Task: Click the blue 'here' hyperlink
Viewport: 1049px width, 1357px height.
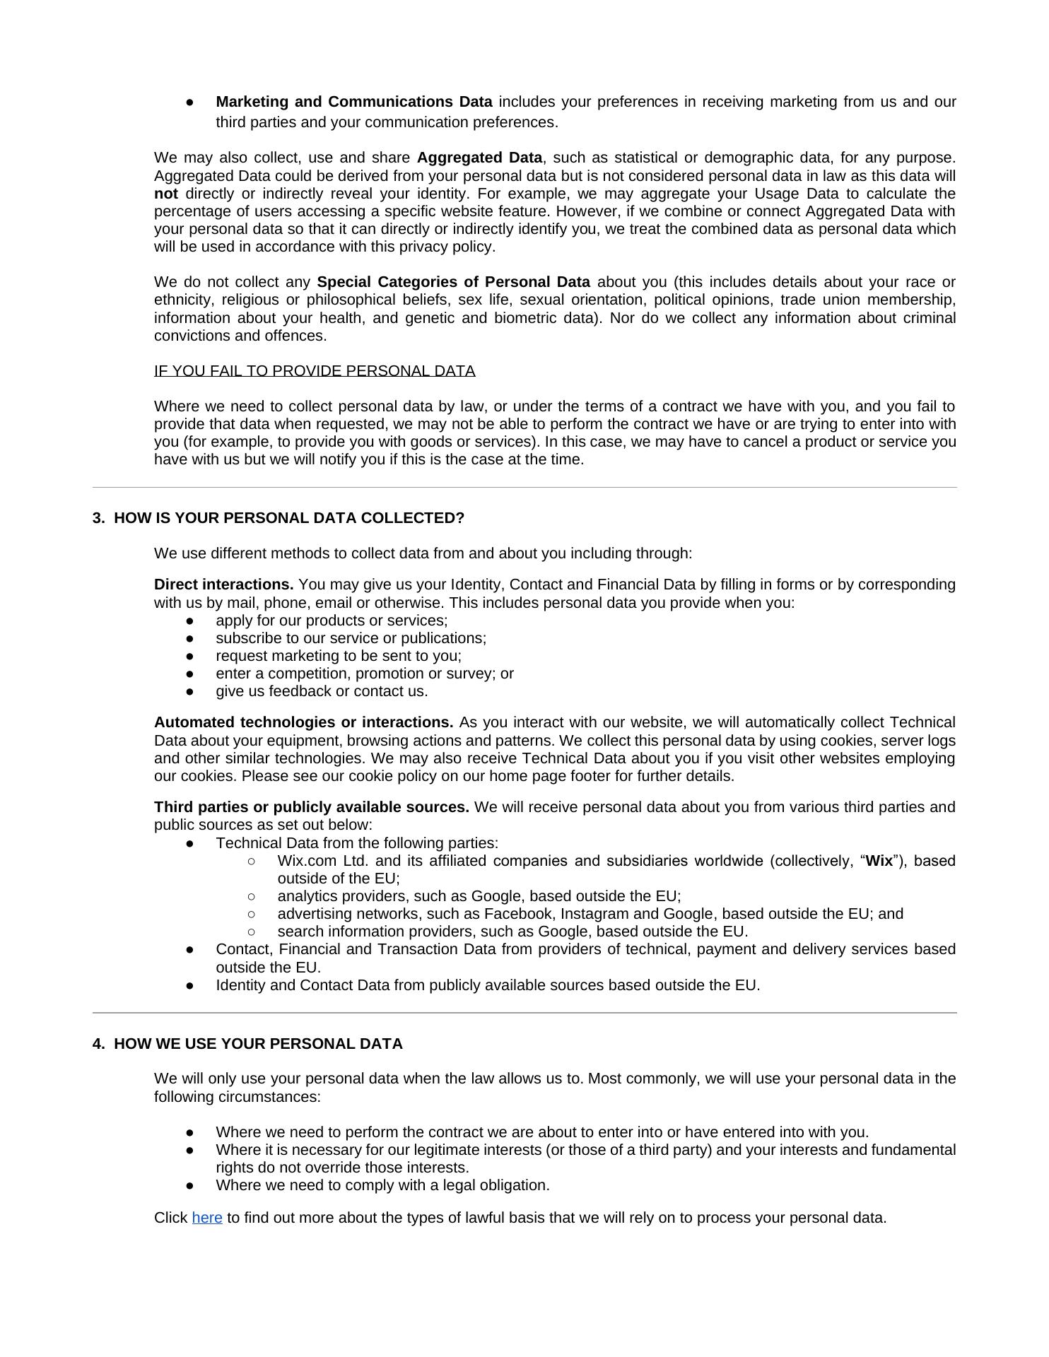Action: point(207,1217)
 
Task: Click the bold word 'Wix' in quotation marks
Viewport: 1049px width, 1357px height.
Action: point(879,861)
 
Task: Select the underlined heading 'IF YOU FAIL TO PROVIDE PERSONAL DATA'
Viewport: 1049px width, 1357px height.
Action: point(315,371)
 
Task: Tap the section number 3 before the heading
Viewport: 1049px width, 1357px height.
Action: point(98,518)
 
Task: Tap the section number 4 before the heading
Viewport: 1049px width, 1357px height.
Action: point(98,1044)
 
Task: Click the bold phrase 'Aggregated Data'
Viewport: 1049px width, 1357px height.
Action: point(479,158)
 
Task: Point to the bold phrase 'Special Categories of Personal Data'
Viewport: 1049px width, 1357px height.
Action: point(453,282)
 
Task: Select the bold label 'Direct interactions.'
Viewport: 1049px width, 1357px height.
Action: point(223,584)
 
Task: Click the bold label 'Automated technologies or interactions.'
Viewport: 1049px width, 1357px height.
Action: point(304,722)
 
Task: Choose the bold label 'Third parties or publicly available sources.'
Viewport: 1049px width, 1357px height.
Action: point(312,807)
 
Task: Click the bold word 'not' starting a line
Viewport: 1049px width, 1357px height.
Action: point(165,194)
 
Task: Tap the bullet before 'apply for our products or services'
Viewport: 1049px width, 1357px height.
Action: point(190,621)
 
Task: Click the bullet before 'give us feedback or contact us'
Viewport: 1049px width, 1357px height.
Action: point(190,691)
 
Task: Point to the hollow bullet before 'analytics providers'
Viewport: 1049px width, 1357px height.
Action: point(252,896)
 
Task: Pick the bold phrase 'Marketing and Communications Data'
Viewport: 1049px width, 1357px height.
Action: point(354,102)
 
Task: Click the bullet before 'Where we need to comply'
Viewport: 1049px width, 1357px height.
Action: point(190,1185)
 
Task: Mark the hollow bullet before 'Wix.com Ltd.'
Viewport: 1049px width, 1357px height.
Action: point(252,861)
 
